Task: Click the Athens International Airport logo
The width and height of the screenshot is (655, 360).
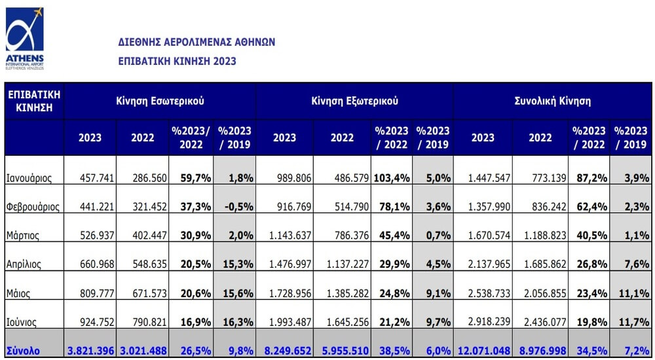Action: (x=25, y=39)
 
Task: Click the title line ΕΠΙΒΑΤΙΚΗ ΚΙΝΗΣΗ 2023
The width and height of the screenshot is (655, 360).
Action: (x=177, y=62)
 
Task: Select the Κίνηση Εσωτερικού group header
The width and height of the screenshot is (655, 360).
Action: (x=160, y=101)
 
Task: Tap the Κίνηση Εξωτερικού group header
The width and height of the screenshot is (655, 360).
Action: (x=354, y=101)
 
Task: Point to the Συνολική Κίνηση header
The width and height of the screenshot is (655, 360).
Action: (x=552, y=101)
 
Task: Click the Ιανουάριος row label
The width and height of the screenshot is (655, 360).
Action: (x=29, y=179)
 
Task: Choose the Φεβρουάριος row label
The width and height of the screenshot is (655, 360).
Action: (x=33, y=207)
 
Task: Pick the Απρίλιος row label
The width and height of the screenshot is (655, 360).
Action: (x=24, y=264)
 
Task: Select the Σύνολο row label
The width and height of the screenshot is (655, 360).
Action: (x=23, y=351)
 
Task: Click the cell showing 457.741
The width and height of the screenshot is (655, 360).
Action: (x=97, y=178)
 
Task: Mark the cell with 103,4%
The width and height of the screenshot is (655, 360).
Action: (x=392, y=178)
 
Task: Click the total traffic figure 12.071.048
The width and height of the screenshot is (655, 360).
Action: (x=484, y=351)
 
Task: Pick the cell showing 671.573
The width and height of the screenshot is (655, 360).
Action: (x=149, y=293)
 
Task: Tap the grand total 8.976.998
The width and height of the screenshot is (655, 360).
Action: (x=540, y=351)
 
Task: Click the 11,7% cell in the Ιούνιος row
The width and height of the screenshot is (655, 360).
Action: (x=634, y=322)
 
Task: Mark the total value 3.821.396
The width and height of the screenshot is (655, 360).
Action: (x=90, y=351)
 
